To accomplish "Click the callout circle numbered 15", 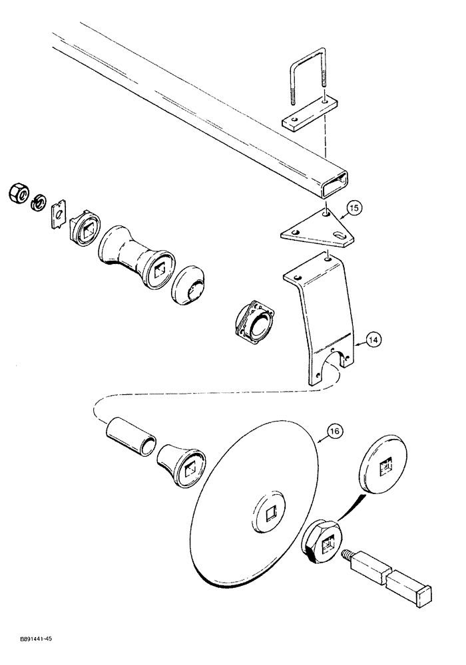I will (x=353, y=209).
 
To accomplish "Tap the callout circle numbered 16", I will (x=334, y=432).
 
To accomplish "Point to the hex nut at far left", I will (x=18, y=194).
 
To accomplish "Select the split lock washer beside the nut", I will (x=39, y=200).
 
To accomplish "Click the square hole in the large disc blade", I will (x=270, y=514).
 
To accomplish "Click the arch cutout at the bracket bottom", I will (x=333, y=366).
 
